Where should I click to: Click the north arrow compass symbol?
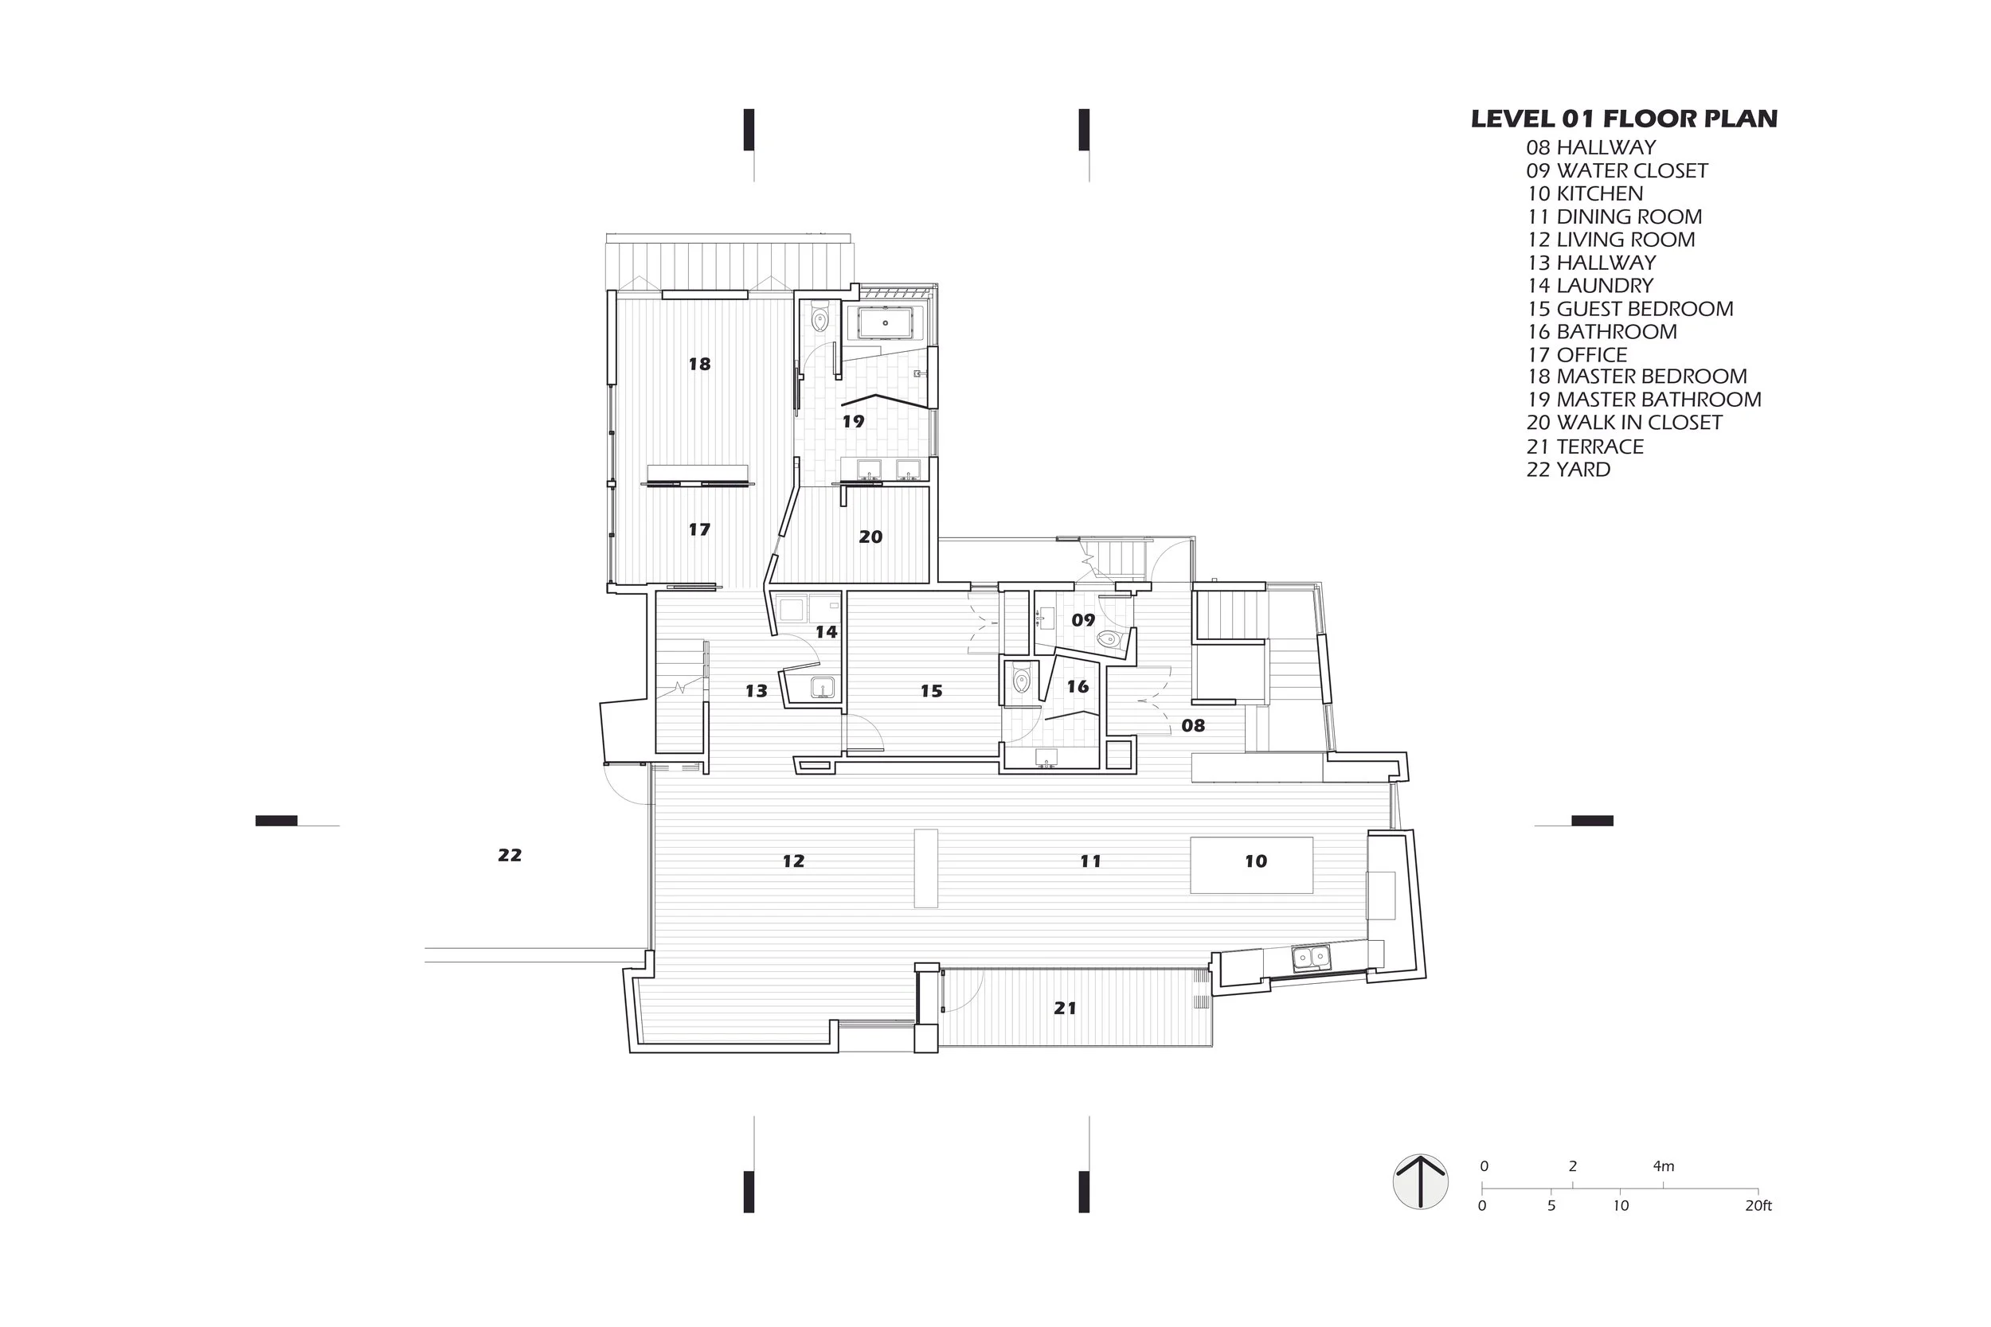(1421, 1181)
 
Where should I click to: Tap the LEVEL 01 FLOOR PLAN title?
(1624, 119)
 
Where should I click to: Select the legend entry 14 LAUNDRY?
(1590, 286)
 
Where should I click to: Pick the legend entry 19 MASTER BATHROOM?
(1644, 400)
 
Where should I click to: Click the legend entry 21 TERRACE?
(1586, 447)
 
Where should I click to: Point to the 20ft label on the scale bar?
(1758, 1206)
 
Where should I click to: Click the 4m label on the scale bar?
(1664, 1166)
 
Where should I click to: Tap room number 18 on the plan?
(699, 364)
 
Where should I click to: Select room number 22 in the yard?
(510, 856)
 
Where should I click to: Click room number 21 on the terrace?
(1065, 1008)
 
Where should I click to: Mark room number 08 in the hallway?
(1194, 725)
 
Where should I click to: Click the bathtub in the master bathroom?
(886, 323)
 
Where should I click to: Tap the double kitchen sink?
(1311, 957)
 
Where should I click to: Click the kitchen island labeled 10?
(1252, 865)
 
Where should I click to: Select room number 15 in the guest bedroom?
(931, 692)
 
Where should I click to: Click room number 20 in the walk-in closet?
(870, 537)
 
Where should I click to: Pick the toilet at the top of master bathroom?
(819, 319)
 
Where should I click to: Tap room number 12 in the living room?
(793, 861)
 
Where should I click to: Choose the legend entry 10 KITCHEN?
(1585, 193)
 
